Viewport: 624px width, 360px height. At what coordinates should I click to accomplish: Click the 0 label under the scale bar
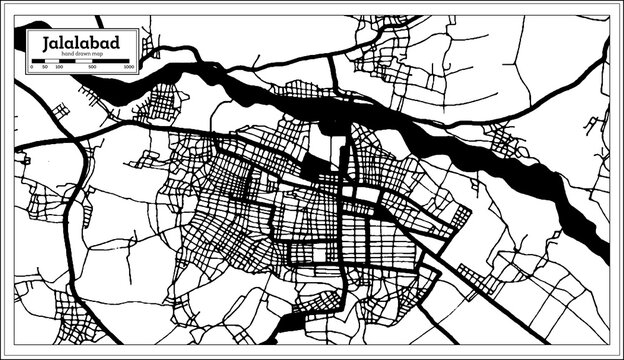click(32, 68)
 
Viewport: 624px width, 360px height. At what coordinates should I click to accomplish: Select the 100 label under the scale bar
click(59, 68)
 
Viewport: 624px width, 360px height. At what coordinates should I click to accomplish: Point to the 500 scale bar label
click(92, 68)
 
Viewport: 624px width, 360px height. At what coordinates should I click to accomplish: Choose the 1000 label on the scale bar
click(128, 68)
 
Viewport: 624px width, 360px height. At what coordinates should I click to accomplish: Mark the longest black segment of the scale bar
click(110, 62)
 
